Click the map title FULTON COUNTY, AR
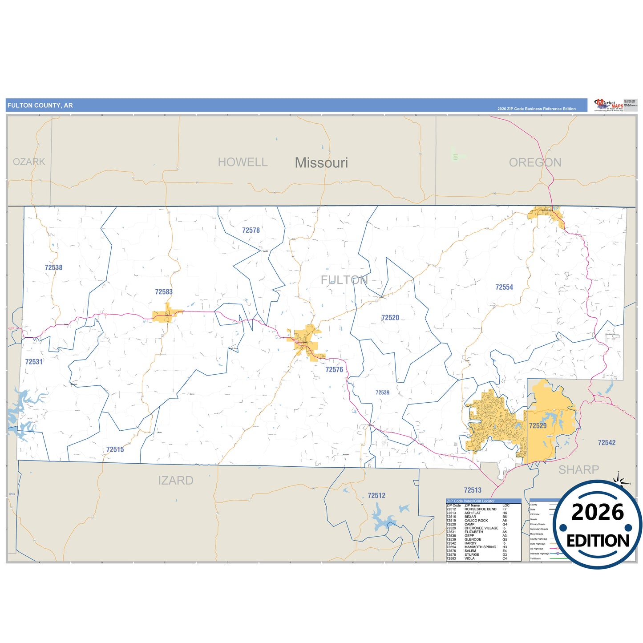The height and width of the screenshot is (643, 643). click(x=40, y=105)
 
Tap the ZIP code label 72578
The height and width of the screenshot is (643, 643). click(x=251, y=230)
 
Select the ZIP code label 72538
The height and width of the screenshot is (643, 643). click(x=53, y=267)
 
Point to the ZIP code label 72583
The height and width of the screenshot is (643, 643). click(x=164, y=292)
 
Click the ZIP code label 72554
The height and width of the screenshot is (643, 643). click(x=504, y=287)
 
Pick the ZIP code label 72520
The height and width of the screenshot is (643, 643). click(x=390, y=318)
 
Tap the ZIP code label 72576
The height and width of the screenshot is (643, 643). click(x=334, y=370)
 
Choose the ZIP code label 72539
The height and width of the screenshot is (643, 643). click(x=382, y=392)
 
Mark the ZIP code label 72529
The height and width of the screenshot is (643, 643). click(x=538, y=426)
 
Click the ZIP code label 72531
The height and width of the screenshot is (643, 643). click(x=34, y=362)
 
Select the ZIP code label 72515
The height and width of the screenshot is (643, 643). click(x=115, y=449)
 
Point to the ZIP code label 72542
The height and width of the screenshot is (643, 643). click(x=607, y=443)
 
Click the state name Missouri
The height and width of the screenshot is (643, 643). click(x=321, y=163)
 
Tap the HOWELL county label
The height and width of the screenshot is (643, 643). click(x=243, y=162)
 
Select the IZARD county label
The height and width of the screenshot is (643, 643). click(x=176, y=481)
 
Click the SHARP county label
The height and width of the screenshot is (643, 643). click(x=578, y=469)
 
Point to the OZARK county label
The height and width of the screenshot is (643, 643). click(x=29, y=162)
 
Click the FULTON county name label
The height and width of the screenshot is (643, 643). click(x=344, y=280)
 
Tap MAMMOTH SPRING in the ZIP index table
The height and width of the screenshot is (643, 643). click(x=480, y=547)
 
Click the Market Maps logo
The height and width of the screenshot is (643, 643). click(x=609, y=105)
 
